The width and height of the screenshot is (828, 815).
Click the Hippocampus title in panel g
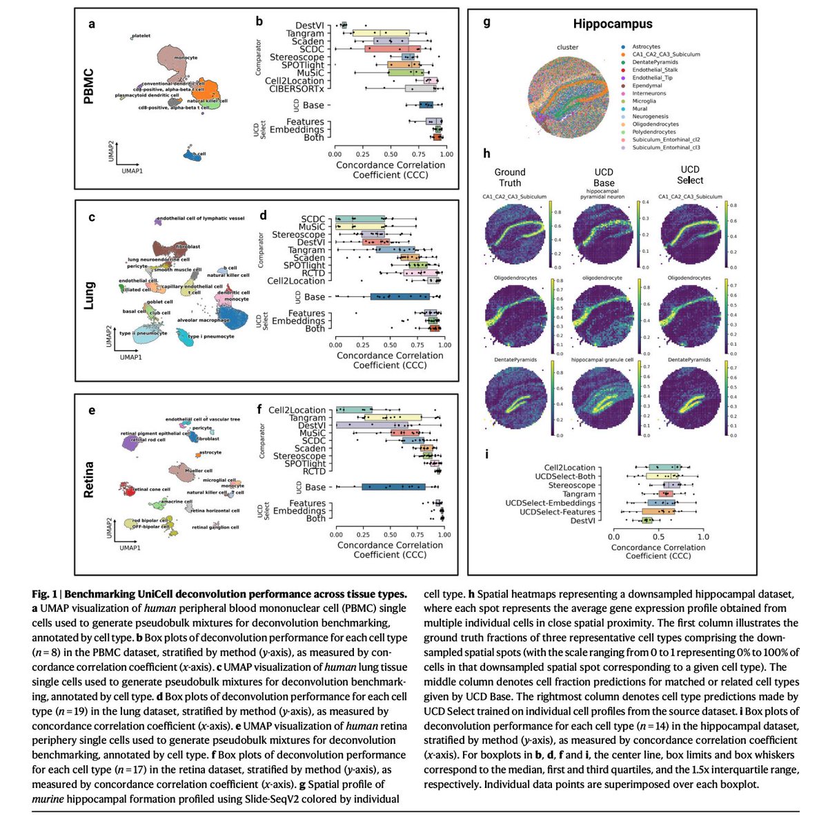point(612,24)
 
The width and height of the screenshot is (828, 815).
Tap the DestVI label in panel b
point(309,26)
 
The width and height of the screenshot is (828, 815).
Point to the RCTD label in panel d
point(312,274)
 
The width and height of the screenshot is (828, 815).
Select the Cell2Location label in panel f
point(297,410)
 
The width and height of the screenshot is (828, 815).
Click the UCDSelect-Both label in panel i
point(565,477)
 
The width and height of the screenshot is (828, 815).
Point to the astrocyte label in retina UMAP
point(210,452)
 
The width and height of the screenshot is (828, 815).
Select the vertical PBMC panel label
point(88,86)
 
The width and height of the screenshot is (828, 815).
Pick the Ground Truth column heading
point(510,178)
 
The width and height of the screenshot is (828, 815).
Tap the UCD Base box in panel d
point(400,297)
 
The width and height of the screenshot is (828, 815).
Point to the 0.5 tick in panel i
point(658,537)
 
